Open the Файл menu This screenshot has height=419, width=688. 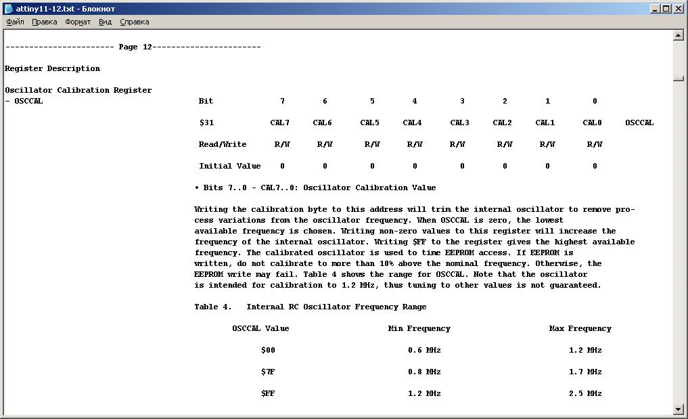tap(15, 22)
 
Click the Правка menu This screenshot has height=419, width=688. tap(45, 22)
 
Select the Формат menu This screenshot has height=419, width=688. tap(78, 22)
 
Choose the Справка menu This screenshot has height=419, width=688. tap(135, 22)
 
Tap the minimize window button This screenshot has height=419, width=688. tap(656, 8)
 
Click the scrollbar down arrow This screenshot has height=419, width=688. tap(679, 409)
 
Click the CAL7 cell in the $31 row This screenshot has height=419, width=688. tap(279, 123)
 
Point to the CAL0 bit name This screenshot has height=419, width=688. tap(592, 123)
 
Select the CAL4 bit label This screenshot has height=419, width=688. tap(412, 123)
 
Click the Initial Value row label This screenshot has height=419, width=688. tap(229, 166)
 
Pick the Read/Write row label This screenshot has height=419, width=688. tap(223, 144)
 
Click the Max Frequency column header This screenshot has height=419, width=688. tap(580, 328)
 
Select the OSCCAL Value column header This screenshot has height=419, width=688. tap(260, 328)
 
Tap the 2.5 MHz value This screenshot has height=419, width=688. tap(585, 393)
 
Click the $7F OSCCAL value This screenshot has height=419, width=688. tap(268, 372)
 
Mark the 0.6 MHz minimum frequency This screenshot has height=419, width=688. tap(424, 350)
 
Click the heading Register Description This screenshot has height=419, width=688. tap(52, 68)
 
